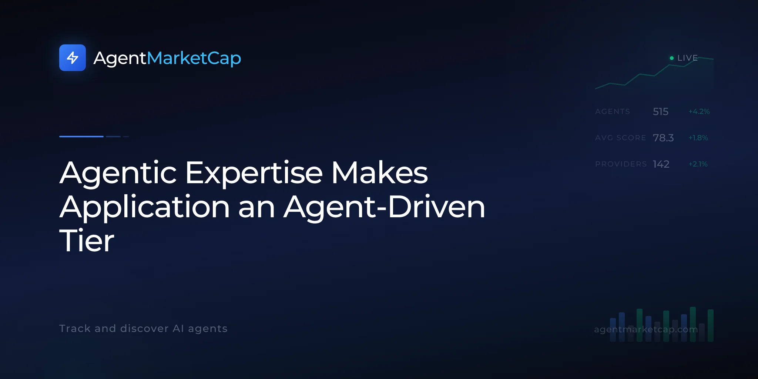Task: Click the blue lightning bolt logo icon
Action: click(73, 58)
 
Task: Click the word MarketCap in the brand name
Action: click(194, 58)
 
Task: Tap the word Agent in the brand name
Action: click(120, 58)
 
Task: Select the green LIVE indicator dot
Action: click(672, 58)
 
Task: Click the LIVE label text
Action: click(687, 58)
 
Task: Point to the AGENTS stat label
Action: click(613, 111)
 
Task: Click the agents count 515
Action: click(661, 111)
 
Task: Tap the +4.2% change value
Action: click(699, 111)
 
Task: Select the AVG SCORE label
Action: click(620, 138)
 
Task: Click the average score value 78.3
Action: click(663, 138)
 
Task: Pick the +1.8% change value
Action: click(698, 138)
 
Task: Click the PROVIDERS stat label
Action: click(621, 164)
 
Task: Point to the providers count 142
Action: click(661, 164)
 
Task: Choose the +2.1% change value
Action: click(698, 164)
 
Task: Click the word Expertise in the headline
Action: click(254, 173)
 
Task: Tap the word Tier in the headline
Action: click(87, 241)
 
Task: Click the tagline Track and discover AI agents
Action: click(143, 329)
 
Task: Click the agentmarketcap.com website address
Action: click(646, 329)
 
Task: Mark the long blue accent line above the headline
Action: click(81, 137)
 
